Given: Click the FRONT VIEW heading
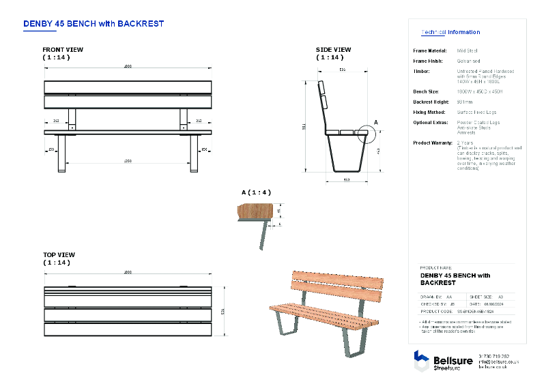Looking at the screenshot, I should point(63,50).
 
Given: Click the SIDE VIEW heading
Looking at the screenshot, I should point(333,50).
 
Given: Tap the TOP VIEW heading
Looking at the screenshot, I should point(59,254).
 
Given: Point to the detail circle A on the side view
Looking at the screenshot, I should point(366,134).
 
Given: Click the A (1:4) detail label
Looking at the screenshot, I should point(255,192).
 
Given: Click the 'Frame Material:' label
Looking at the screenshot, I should point(429,50).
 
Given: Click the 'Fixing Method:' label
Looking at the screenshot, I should point(430,112).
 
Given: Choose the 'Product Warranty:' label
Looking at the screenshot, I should point(433,143).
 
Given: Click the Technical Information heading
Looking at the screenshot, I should point(450,32).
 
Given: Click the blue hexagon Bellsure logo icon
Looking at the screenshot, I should point(421,360).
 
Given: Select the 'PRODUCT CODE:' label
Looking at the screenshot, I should point(437,310).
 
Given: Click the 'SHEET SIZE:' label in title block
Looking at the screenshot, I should point(483,297).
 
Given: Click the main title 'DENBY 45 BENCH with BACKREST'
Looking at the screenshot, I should point(94,23).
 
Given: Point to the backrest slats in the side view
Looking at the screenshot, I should point(323,95).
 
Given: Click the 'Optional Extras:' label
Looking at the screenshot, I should point(431,122).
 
